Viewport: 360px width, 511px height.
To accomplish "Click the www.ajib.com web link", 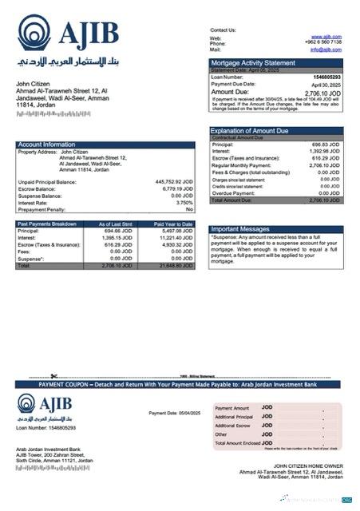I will (x=326, y=37).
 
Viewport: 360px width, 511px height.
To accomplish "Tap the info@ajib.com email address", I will (x=326, y=50).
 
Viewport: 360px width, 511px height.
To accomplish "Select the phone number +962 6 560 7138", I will (x=323, y=43).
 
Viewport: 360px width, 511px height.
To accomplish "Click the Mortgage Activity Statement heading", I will (x=251, y=62).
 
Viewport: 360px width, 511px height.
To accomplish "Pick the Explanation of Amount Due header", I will (x=249, y=130).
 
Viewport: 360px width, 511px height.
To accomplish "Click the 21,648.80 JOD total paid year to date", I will (x=174, y=265).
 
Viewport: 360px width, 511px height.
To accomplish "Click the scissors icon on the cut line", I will (x=53, y=375).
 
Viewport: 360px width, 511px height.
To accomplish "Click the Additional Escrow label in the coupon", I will (x=233, y=426).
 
